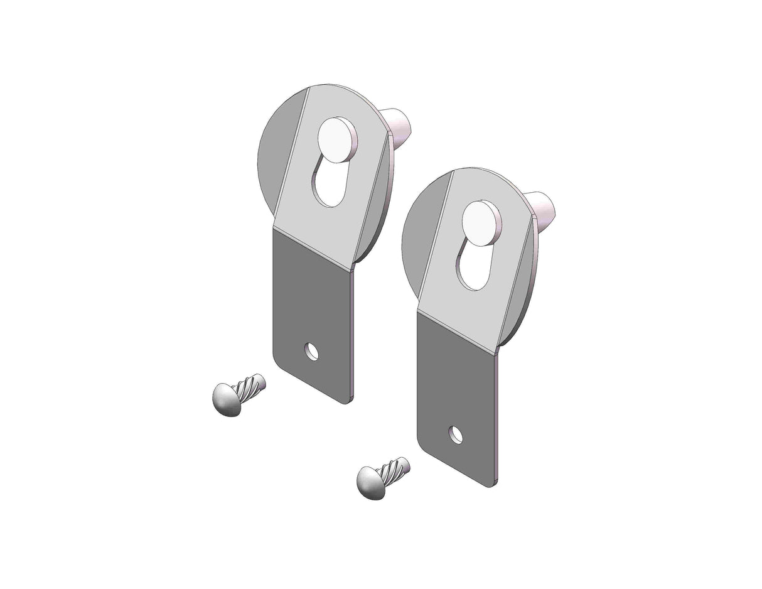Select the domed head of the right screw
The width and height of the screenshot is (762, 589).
pyautogui.click(x=371, y=483)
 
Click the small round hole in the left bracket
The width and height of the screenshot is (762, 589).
pyautogui.click(x=311, y=352)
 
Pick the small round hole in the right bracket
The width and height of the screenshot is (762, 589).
pyautogui.click(x=456, y=434)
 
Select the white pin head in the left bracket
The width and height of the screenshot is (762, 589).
pyautogui.click(x=336, y=139)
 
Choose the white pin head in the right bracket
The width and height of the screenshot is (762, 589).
pyautogui.click(x=481, y=224)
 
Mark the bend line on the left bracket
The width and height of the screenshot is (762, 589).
pyautogui.click(x=312, y=250)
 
